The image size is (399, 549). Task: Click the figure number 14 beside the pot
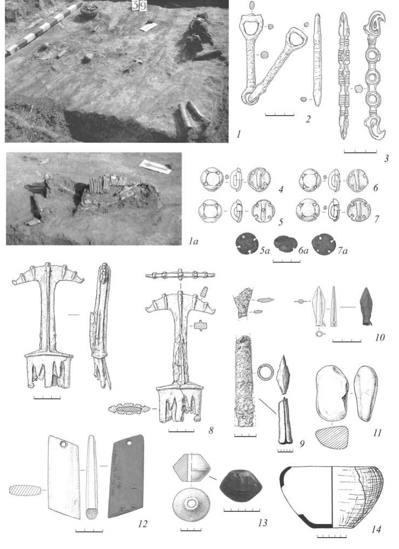(x=376, y=529)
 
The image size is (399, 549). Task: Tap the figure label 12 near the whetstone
(x=143, y=524)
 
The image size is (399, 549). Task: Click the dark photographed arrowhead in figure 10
(x=366, y=307)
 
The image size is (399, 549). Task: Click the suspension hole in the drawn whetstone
(x=64, y=444)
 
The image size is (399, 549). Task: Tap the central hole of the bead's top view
(x=191, y=504)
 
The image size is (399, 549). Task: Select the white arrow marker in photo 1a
(x=155, y=167)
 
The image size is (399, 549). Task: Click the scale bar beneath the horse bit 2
(x=280, y=114)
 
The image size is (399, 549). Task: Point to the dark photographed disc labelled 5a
(x=247, y=244)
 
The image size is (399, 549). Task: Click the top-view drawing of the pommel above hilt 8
(x=180, y=275)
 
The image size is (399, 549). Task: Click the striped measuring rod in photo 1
(x=43, y=29)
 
